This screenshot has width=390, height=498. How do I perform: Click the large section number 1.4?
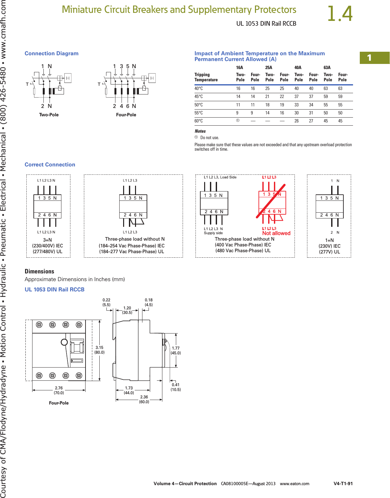(340, 14)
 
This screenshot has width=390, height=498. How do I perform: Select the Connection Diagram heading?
(51, 53)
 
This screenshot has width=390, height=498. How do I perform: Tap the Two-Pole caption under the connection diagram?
(49, 115)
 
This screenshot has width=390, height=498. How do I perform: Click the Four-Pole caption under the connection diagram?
(126, 115)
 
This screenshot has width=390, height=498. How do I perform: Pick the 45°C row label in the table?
(199, 97)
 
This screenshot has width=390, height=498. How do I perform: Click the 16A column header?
(240, 67)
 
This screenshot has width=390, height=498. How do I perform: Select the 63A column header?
(327, 67)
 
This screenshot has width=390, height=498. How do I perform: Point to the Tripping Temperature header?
(206, 77)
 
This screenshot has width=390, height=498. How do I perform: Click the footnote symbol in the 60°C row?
(238, 121)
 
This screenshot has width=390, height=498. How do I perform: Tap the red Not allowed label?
(276, 233)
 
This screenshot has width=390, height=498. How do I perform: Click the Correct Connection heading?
(50, 165)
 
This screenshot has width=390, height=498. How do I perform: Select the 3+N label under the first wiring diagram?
(48, 240)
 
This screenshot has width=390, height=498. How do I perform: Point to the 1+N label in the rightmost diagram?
(330, 240)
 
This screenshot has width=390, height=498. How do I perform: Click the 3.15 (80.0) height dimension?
(99, 350)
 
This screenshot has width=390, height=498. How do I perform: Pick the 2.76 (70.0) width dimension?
(59, 390)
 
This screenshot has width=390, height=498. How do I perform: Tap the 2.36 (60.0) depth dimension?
(144, 399)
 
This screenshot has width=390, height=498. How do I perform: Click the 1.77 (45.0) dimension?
(176, 351)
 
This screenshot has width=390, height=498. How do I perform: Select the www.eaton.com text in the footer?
(295, 484)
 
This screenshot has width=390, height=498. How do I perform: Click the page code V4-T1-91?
(343, 484)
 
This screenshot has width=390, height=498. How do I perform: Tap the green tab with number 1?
(374, 58)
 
